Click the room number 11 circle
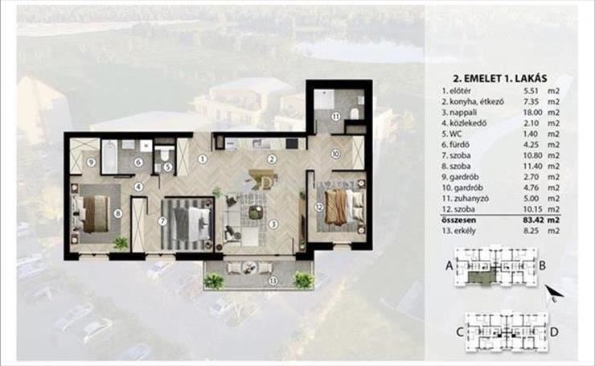[336, 117]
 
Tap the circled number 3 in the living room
[273, 224]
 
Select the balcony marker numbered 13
[273, 282]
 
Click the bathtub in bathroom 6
[109, 156]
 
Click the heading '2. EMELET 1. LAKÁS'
[500, 79]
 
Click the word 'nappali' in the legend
[463, 113]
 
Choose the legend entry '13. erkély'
[459, 231]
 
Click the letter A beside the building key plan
[449, 265]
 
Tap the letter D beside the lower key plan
[554, 332]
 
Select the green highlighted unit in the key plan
[480, 277]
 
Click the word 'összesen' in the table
[459, 220]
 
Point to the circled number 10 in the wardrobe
[335, 154]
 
